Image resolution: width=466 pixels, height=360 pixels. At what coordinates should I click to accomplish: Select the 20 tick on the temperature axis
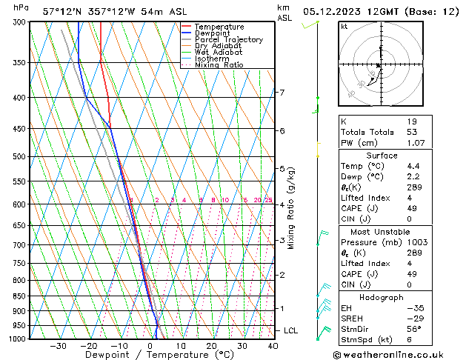click(211, 346)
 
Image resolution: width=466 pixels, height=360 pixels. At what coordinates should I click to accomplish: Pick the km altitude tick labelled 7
click(282, 93)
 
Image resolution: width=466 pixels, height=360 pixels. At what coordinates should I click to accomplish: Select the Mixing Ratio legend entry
click(219, 65)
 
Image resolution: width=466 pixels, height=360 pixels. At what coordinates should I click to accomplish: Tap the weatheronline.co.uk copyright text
click(398, 353)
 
